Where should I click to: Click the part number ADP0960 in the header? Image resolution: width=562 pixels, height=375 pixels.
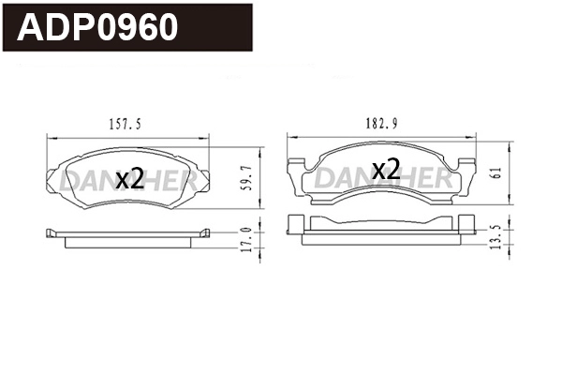pyautogui.click(x=98, y=28)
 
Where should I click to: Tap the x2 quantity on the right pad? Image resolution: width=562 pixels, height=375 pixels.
pyautogui.click(x=386, y=170)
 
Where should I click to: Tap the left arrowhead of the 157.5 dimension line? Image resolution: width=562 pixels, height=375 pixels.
pyautogui.click(x=50, y=138)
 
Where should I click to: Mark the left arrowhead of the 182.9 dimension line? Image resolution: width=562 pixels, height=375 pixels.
pyautogui.click(x=288, y=138)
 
